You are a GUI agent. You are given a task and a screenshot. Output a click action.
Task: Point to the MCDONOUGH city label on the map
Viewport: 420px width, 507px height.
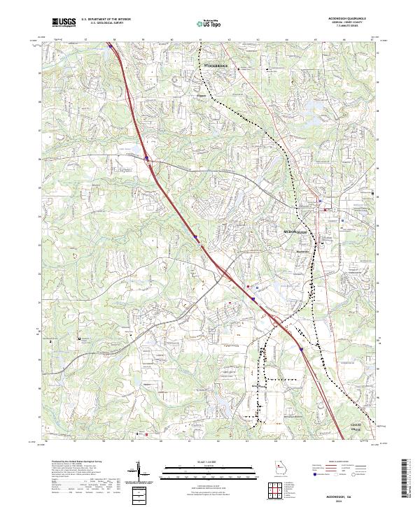tap(295, 230)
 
